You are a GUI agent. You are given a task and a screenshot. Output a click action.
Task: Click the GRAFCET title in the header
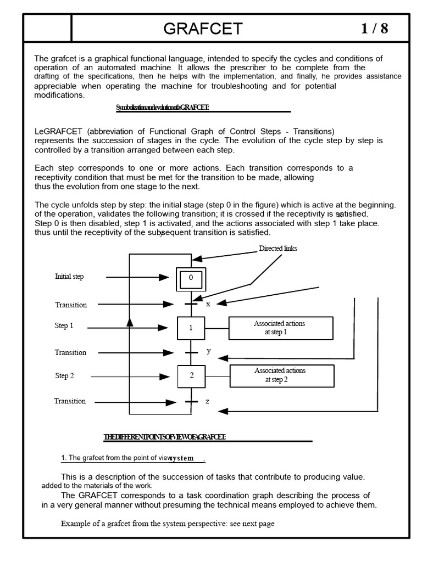[x=203, y=29]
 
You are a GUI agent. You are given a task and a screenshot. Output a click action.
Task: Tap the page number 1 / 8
[x=374, y=29]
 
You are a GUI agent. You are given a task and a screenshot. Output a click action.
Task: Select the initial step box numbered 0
[x=191, y=278]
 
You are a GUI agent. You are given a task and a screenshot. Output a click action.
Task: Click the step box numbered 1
[x=191, y=328]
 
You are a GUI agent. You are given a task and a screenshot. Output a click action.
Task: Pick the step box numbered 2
[x=191, y=376]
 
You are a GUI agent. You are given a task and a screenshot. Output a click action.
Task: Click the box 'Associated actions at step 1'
[x=281, y=328]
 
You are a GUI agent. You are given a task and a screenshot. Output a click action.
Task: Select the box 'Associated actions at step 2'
[x=282, y=375]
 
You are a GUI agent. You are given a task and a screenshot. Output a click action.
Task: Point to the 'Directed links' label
[x=277, y=249]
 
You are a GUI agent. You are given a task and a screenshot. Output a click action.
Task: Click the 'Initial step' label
[x=69, y=277]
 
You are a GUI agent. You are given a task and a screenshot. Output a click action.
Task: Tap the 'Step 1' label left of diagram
[x=64, y=326]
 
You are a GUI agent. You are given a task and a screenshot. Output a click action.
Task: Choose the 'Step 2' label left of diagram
[x=64, y=376]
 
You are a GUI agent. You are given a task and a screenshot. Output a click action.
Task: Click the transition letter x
[x=208, y=305]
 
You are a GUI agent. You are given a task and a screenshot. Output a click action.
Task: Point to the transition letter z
[x=207, y=401]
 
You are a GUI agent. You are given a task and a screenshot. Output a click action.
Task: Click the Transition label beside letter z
[x=70, y=401]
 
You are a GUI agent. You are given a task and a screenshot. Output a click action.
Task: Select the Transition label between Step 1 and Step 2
[x=70, y=352]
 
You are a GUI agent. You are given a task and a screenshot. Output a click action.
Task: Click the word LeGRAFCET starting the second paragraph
[x=58, y=131]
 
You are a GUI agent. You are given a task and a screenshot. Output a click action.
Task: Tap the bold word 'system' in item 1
[x=181, y=458]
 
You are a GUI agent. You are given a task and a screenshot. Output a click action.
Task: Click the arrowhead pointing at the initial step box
[x=164, y=278]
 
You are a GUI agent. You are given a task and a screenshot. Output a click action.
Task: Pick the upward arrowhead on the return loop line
[x=130, y=322]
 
